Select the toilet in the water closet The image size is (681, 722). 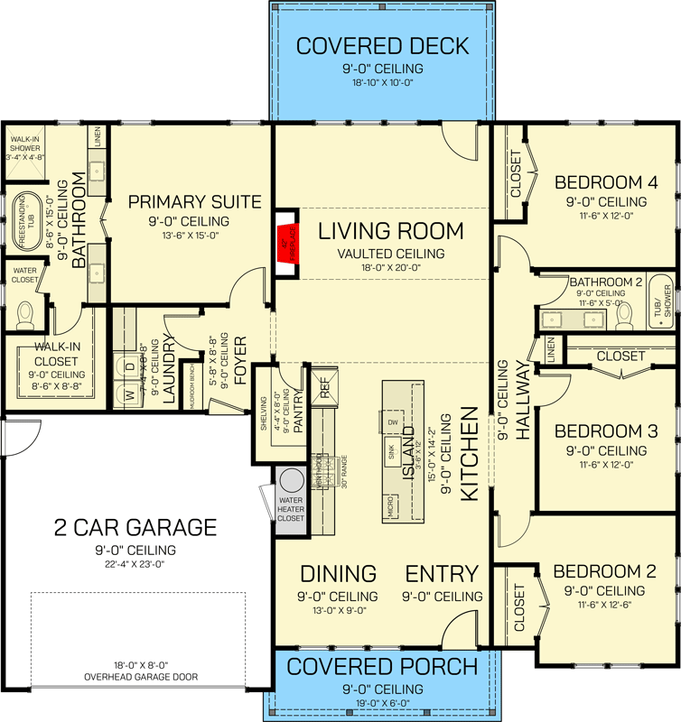[x=25, y=311]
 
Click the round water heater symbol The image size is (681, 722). [x=291, y=480]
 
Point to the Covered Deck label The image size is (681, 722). [x=382, y=46]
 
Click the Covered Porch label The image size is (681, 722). [x=382, y=667]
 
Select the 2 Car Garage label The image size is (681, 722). [x=134, y=527]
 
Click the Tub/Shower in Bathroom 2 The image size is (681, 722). [x=667, y=301]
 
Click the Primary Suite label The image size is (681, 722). [x=194, y=201]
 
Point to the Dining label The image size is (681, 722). [x=338, y=574]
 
